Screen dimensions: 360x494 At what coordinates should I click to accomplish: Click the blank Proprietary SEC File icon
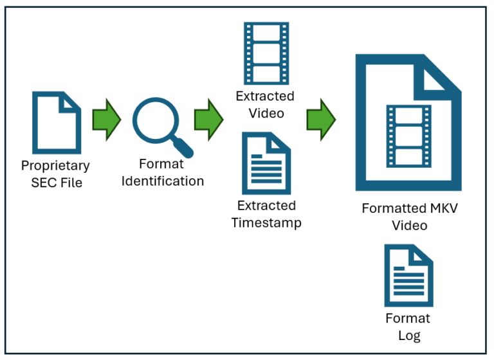pyautogui.click(x=57, y=123)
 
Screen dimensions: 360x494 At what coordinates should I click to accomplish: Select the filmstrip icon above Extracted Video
pyautogui.click(x=266, y=54)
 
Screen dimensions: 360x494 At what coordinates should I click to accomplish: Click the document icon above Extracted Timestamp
pyautogui.click(x=266, y=163)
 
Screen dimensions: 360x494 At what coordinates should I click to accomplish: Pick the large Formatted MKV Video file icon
pyautogui.click(x=408, y=123)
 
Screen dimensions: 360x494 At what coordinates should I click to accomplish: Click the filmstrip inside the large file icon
pyautogui.click(x=408, y=136)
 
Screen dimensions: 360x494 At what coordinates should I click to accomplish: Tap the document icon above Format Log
pyautogui.click(x=408, y=275)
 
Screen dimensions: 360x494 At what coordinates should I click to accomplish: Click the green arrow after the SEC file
pyautogui.click(x=106, y=120)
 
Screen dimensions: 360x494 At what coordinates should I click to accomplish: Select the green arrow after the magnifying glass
pyautogui.click(x=208, y=120)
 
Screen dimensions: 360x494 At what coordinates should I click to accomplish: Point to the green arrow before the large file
pyautogui.click(x=321, y=120)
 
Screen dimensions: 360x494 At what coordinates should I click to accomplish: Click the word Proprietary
pyautogui.click(x=55, y=166)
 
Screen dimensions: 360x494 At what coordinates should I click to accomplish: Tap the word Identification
pyautogui.click(x=163, y=181)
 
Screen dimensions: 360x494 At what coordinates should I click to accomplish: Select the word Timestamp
pyautogui.click(x=266, y=222)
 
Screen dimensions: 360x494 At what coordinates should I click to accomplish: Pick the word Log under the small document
pyautogui.click(x=408, y=335)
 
